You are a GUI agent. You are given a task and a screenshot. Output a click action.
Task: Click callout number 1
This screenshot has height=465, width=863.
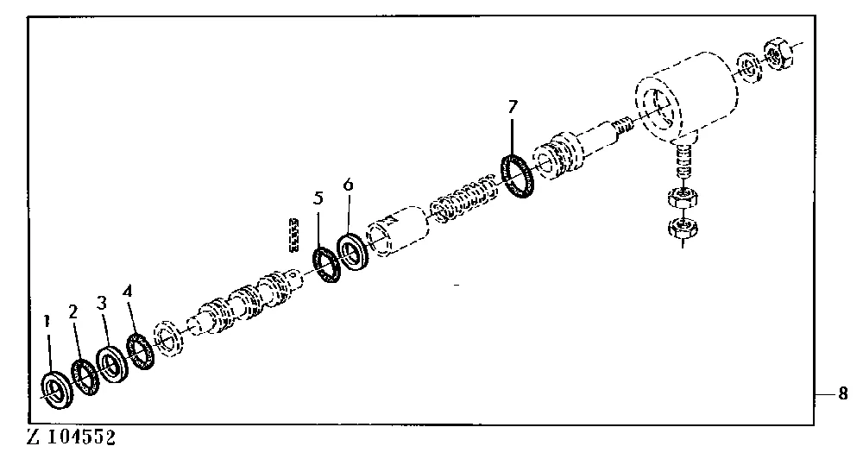tap(47, 320)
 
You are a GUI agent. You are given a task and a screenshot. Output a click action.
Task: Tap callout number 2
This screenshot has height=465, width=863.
tap(73, 312)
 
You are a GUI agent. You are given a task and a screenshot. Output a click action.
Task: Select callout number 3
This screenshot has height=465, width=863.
tap(102, 303)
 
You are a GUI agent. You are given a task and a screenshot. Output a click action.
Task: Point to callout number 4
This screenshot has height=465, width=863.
tap(128, 291)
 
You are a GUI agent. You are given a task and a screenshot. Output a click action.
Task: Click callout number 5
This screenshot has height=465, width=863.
tap(318, 198)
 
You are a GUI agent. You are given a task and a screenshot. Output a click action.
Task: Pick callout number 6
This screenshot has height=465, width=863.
tap(348, 185)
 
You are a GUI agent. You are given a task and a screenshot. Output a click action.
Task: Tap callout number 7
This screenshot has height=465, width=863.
tap(513, 106)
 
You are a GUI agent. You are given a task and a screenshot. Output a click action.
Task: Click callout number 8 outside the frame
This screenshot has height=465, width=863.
tap(843, 394)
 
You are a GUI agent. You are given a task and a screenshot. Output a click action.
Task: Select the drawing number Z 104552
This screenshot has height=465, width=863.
tap(72, 438)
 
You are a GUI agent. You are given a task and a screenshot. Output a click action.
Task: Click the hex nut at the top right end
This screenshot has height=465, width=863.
tap(777, 53)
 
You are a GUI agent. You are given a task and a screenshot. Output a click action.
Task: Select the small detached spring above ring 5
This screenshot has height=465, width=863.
tap(294, 236)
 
